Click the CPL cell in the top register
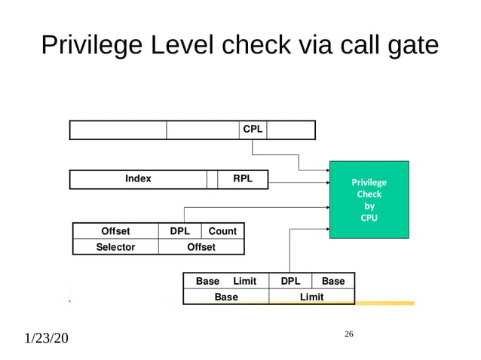coord(253,130)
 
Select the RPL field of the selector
coord(243,179)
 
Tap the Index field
coord(138,179)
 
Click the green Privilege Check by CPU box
coord(369,200)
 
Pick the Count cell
coord(222,231)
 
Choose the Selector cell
coord(115,247)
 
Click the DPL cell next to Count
coord(179,231)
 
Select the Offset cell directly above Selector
coord(115,231)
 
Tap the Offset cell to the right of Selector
coord(201,247)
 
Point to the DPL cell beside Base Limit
coord(290,281)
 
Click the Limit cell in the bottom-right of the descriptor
coord(311,297)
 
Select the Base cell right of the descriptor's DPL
coord(332,281)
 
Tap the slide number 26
coord(348,333)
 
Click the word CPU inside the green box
coord(369,218)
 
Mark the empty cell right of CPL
coord(290,130)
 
